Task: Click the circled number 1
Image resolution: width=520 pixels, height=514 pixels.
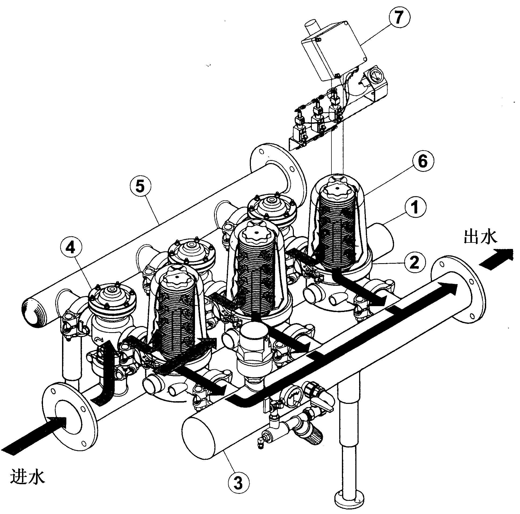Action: point(415,208)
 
